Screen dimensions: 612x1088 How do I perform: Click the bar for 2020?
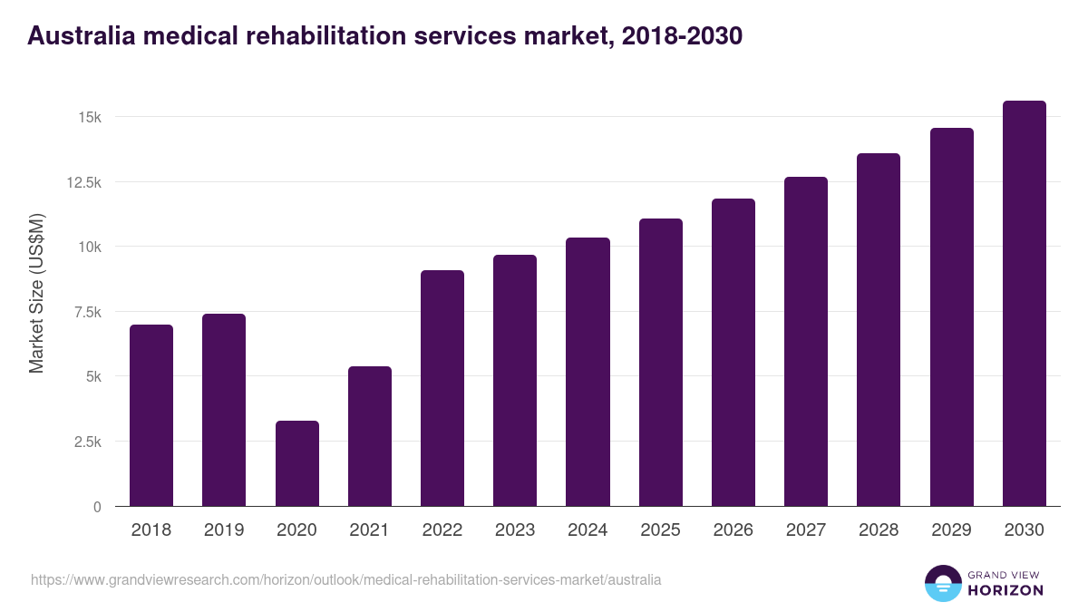pos(296,463)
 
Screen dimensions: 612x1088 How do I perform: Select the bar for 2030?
pos(1024,304)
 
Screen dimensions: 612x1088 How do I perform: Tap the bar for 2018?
pos(151,415)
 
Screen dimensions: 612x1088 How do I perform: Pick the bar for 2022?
pos(442,388)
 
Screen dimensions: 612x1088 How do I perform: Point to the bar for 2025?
pos(660,363)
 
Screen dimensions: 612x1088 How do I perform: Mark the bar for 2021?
pos(370,436)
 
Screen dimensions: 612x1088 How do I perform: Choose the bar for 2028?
pos(879,330)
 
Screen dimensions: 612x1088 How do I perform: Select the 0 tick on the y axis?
pos(96,507)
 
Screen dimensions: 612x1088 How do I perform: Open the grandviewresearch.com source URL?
pos(345,579)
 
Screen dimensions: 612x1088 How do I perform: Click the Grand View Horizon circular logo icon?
pos(942,583)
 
